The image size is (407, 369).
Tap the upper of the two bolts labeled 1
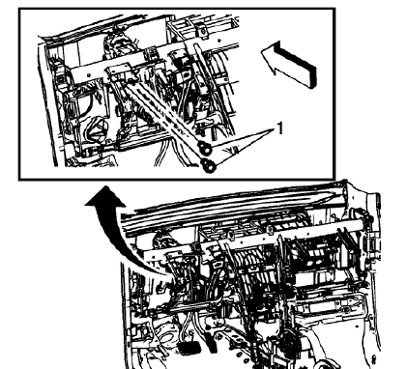click(x=204, y=147)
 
